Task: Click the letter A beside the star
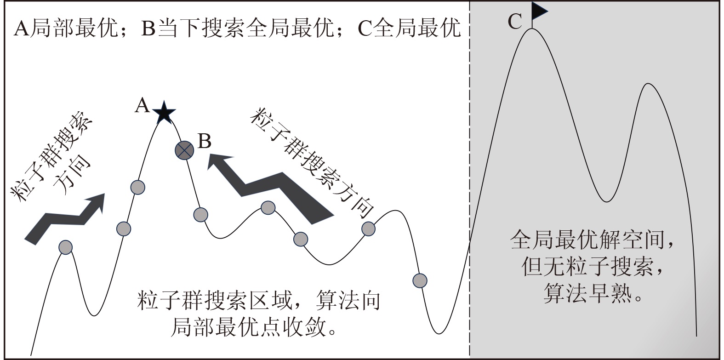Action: coord(143,106)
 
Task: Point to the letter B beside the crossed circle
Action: coord(204,141)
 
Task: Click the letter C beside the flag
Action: coord(515,22)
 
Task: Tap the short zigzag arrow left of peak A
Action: coord(64,218)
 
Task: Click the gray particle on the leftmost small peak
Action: coord(66,247)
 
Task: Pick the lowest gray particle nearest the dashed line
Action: coord(420,280)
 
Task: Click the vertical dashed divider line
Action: coord(469,184)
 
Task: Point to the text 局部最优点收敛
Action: coord(253,328)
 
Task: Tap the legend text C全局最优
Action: coord(409,29)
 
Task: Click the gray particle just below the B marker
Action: coord(201,214)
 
